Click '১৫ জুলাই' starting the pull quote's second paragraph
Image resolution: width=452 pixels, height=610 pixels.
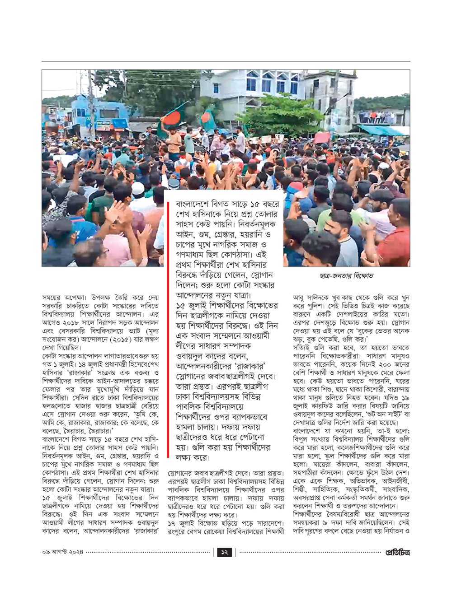(192, 306)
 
